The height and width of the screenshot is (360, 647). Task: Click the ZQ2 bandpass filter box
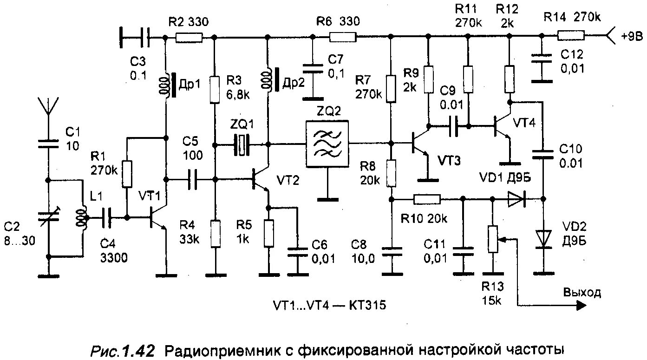pos(327,144)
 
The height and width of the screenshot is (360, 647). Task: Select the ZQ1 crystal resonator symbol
pos(241,144)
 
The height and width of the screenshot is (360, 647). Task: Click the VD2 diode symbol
pos(542,238)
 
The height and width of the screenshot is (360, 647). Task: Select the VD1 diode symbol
pos(516,200)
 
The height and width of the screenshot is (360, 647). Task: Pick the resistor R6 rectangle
pos(342,36)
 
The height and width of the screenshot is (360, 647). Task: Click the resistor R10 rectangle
pos(427,200)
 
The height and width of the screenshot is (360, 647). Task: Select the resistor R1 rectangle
pos(127,174)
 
